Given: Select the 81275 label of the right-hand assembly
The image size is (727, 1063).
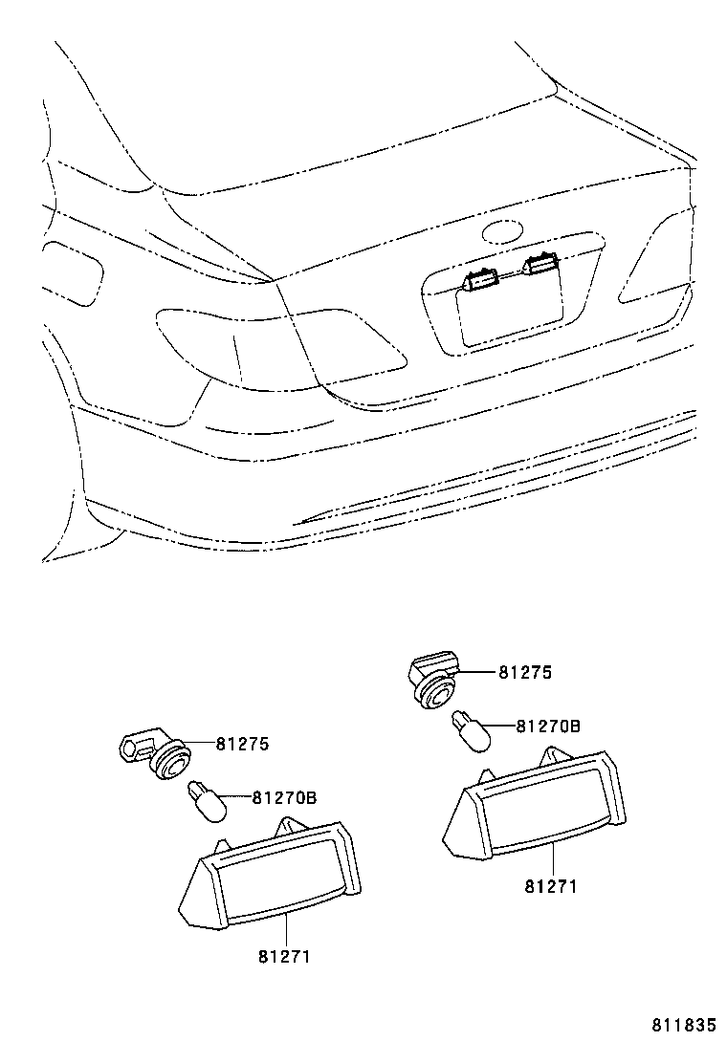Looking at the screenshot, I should click(524, 672).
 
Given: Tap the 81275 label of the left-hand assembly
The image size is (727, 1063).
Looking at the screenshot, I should click(242, 743).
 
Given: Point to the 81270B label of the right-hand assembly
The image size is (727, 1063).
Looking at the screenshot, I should click(547, 726).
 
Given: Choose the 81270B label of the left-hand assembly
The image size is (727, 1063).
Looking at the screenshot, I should click(283, 796).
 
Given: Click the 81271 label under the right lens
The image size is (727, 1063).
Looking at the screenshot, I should click(550, 885).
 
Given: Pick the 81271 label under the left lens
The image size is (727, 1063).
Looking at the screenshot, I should click(284, 955).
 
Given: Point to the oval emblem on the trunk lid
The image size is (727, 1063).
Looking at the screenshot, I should click(502, 231).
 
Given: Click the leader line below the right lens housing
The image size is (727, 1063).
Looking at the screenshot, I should click(552, 859).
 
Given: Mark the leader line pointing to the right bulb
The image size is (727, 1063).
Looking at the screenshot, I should click(500, 727).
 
